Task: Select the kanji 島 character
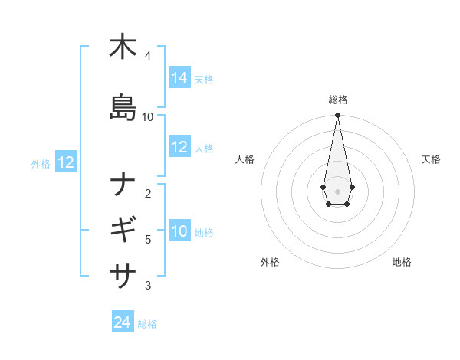[123, 108]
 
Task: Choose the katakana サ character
[123, 273]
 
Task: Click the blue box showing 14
[179, 78]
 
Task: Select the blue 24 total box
[123, 322]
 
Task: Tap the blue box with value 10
[179, 232]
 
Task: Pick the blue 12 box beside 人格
[179, 148]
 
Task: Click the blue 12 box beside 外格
[66, 162]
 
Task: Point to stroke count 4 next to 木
[148, 56]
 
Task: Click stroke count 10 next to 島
[148, 116]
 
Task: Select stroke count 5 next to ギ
[148, 240]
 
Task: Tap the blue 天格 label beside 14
[204, 80]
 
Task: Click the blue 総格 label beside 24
[147, 324]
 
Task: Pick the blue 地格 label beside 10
[204, 233]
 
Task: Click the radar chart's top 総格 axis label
[338, 100]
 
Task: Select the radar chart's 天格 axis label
[431, 159]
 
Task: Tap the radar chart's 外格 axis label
[270, 262]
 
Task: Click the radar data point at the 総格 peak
[337, 116]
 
